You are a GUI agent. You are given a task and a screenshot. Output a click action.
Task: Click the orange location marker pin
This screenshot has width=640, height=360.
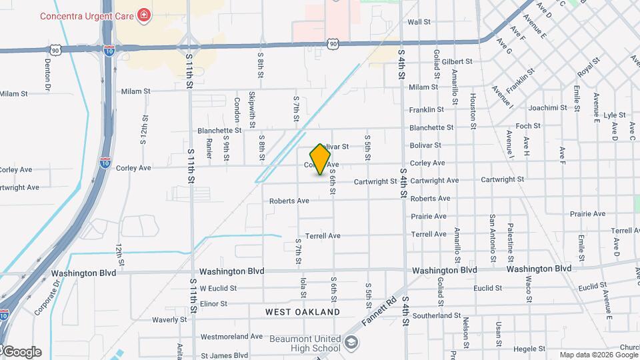pos(321,159)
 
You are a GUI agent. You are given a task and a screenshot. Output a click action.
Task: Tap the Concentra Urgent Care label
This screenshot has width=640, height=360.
pos(87,15)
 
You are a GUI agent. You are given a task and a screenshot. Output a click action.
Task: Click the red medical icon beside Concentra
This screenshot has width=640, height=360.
pos(143,15)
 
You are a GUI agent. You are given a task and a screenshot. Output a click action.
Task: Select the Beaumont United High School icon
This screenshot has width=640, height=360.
pos(351,343)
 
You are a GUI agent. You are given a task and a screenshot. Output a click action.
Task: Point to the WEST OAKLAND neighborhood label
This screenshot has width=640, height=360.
pos(302,312)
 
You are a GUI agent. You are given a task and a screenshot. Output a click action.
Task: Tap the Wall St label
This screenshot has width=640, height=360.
pos(419,22)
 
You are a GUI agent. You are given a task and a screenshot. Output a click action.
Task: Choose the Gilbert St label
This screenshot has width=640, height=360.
pos(457,61)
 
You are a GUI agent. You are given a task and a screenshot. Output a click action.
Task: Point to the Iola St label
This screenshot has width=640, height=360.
pos(303,288)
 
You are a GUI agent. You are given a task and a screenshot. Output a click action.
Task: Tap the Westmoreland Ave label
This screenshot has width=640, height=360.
pos(231,337)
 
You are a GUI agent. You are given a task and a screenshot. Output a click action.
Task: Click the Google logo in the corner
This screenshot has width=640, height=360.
pos(21,352)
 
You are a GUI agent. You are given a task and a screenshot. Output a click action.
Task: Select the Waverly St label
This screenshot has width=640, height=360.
pos(169,320)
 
